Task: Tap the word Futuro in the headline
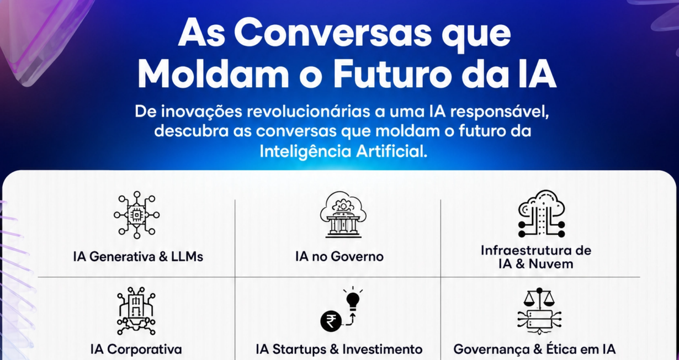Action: tap(392, 74)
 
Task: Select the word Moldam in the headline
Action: tap(214, 74)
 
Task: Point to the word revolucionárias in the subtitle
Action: tap(308, 112)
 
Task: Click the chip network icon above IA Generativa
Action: tap(137, 215)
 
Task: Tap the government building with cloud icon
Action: tap(343, 214)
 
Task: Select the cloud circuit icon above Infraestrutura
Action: tap(542, 214)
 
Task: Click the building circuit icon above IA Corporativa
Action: tap(136, 311)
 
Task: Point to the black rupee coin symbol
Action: tap(331, 321)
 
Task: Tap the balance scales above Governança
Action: tap(539, 298)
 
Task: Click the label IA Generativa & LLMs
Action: tap(138, 257)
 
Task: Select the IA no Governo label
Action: tap(339, 257)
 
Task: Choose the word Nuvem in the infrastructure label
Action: tap(551, 264)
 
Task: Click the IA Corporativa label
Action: tap(136, 350)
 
